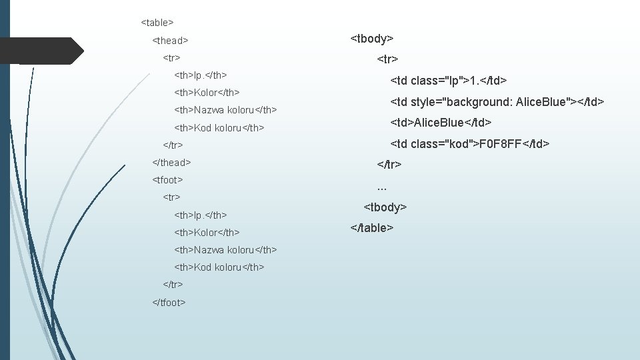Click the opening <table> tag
coord(157,23)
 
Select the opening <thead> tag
coord(171,41)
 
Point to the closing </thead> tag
coord(172,162)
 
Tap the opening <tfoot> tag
coord(168,179)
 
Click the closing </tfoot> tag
coord(169,302)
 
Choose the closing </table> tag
coord(372,228)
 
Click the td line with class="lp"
coord(449,81)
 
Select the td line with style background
coord(497,102)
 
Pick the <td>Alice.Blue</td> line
coord(441,123)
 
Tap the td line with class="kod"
coord(469,143)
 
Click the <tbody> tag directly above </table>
coord(385,207)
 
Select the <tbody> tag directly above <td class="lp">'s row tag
coord(372,39)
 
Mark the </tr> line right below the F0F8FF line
coord(389,164)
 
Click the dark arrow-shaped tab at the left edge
coord(41,51)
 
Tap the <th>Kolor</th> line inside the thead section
coord(207,92)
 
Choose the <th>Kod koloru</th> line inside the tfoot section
coord(219,267)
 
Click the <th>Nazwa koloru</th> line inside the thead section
coord(225,109)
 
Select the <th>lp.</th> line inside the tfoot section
coord(201,215)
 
